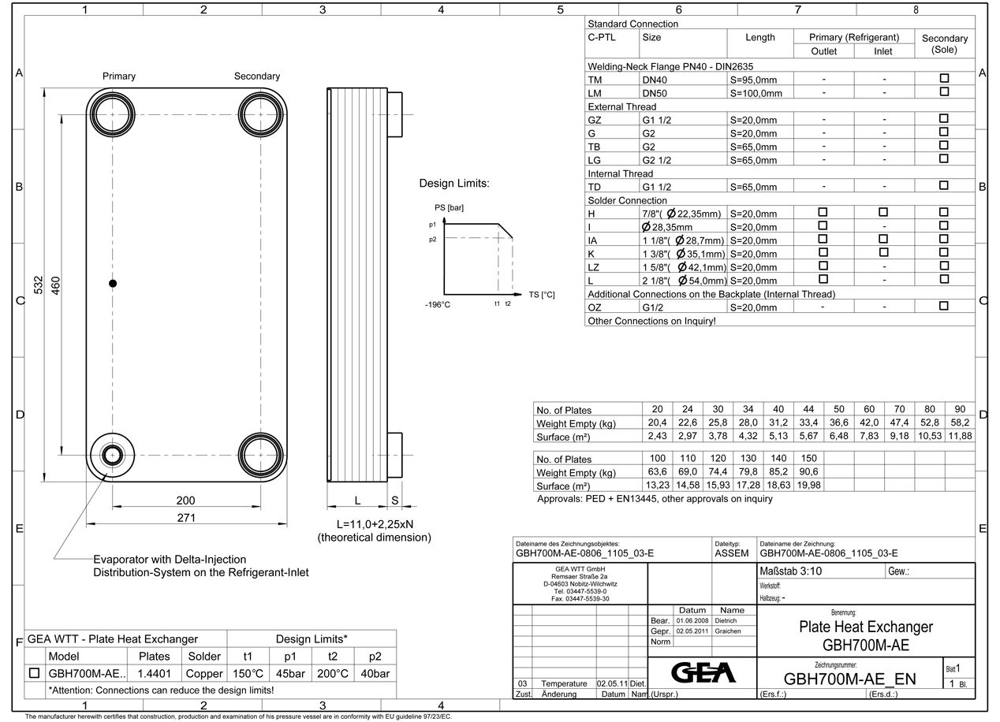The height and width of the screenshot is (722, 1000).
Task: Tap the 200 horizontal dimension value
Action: pos(186,501)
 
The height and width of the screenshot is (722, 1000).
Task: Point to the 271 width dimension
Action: pos(186,518)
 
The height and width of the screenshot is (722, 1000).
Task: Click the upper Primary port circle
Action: pos(112,114)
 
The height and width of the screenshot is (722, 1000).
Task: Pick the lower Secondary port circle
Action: pos(261,456)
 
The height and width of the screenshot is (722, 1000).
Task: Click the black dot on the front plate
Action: pos(113,283)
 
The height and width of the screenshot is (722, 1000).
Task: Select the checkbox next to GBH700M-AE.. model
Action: pos(34,674)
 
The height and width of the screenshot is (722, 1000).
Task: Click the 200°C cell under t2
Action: pos(332,674)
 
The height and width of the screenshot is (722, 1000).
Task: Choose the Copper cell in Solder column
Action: pos(205,674)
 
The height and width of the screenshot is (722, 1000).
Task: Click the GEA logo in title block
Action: pos(702,672)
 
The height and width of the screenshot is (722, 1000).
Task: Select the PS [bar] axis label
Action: pos(449,208)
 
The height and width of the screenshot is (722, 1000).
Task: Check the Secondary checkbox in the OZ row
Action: pos(944,307)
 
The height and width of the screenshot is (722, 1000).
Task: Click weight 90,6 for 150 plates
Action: pos(808,472)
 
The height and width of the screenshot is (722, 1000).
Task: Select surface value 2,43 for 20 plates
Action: pos(657,436)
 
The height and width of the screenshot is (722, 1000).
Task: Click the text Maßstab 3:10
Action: pos(791,571)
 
